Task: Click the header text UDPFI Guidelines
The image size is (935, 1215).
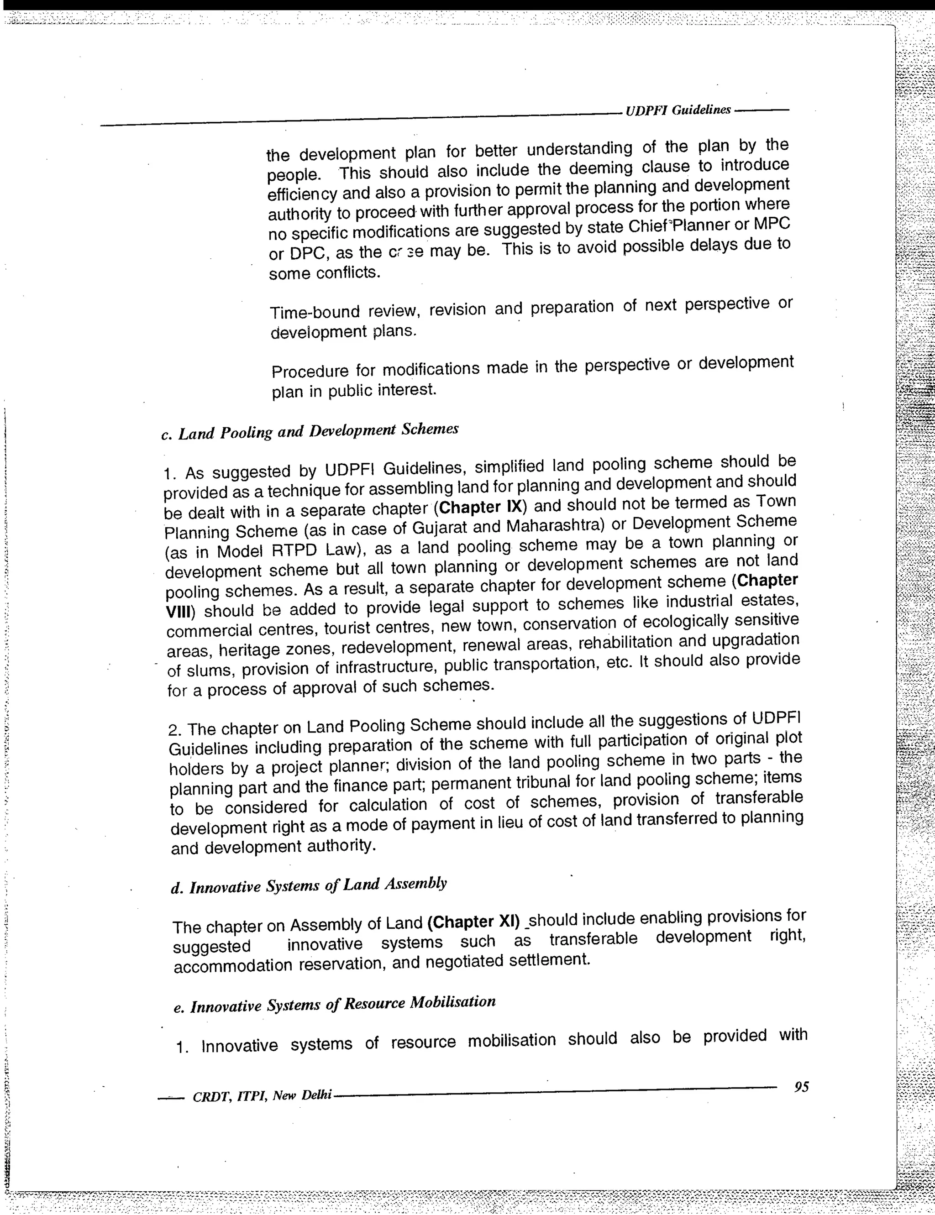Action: tap(678, 110)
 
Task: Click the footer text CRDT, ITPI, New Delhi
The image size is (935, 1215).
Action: tap(262, 1096)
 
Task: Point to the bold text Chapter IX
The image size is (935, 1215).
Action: tap(479, 508)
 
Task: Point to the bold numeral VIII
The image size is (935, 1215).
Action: tap(179, 613)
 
